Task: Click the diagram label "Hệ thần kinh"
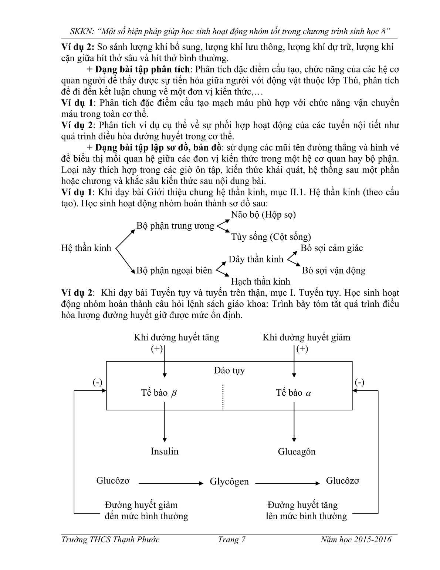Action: pos(86,248)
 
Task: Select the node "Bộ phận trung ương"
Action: pos(175,226)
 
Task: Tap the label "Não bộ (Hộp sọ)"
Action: pos(263,214)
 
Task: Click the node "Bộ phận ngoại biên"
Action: pos(174,270)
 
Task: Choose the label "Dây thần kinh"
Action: pos(256,259)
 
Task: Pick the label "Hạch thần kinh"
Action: pos(261,281)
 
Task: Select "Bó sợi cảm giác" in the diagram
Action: pos(332,248)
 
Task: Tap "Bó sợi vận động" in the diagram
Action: pos(334,270)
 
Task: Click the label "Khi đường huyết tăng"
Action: pos(176,337)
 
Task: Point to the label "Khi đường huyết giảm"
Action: pos(306,337)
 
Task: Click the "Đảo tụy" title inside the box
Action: pos(229,370)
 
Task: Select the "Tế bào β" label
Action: pos(159,393)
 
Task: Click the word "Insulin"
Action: pos(165,451)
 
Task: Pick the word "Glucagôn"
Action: pos(297,452)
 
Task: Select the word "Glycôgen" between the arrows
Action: pos(229,482)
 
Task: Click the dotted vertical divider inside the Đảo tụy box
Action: pos(223,397)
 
